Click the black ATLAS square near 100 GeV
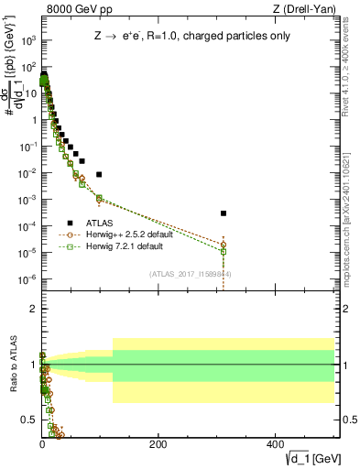(x=99, y=174)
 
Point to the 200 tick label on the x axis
(x=158, y=444)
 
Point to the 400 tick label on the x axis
(x=275, y=444)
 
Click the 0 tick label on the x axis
(x=42, y=444)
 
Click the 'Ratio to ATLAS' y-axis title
(x=13, y=361)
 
